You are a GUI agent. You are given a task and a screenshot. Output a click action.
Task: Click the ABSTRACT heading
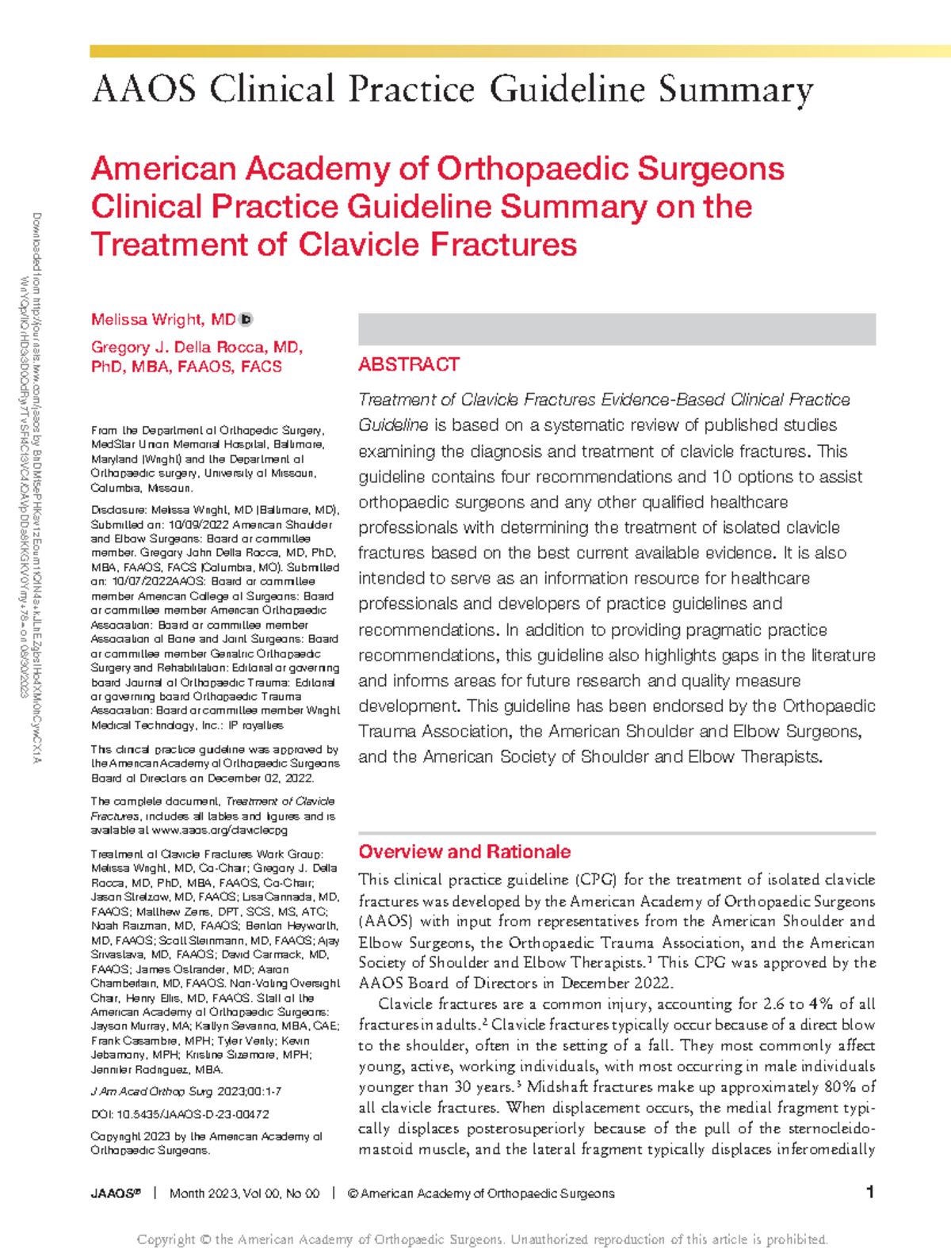click(x=408, y=364)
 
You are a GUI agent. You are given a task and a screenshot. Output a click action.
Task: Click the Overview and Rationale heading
click(x=464, y=851)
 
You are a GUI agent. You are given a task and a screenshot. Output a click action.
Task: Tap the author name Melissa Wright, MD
click(x=163, y=319)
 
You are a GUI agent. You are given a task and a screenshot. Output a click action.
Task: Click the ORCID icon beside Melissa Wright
click(x=246, y=319)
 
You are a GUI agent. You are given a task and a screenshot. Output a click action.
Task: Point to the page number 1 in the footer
click(x=869, y=1192)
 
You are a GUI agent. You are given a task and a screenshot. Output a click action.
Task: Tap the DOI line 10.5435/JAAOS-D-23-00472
click(x=180, y=1114)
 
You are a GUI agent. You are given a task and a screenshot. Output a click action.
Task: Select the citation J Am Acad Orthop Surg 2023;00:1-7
click(x=185, y=1092)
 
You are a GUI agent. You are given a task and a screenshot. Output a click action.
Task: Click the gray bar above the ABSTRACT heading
click(x=617, y=329)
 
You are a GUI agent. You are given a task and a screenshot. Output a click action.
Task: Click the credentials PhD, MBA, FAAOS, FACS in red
click(x=186, y=367)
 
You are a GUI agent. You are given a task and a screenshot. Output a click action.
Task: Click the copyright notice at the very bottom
click(x=482, y=1239)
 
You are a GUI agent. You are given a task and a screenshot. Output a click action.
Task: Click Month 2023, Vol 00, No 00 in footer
click(x=244, y=1193)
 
